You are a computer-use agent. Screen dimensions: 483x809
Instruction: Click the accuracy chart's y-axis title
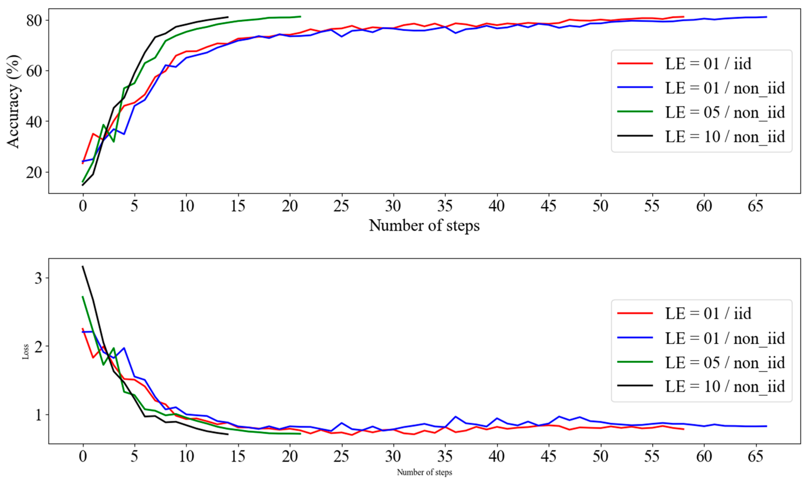14,102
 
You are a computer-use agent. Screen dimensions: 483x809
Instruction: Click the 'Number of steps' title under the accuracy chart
424,226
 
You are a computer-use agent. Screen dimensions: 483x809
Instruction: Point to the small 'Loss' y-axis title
25,352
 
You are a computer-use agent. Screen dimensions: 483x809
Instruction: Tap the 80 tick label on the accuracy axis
34,20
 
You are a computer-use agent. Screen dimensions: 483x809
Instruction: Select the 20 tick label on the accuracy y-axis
34,173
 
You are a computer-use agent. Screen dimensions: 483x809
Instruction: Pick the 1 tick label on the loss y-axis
38,415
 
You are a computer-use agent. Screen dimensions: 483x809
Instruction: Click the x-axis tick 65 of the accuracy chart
755,206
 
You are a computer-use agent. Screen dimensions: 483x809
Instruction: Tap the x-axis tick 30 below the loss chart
393,456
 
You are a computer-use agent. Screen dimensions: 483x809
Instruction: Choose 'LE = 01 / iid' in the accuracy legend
708,63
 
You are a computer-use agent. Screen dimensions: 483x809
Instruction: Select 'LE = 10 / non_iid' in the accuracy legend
725,136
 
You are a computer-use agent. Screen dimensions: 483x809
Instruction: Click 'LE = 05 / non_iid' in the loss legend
725,362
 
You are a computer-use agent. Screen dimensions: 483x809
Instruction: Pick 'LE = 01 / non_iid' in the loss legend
725,338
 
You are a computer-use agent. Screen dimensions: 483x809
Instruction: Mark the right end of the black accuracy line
228,17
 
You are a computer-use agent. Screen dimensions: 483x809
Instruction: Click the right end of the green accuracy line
300,16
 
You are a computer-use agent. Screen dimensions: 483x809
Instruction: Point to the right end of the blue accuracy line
767,17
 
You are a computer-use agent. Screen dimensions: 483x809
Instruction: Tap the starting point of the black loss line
83,266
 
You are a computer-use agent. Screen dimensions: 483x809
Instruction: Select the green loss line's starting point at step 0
83,296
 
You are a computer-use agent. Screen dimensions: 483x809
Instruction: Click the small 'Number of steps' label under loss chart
424,472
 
